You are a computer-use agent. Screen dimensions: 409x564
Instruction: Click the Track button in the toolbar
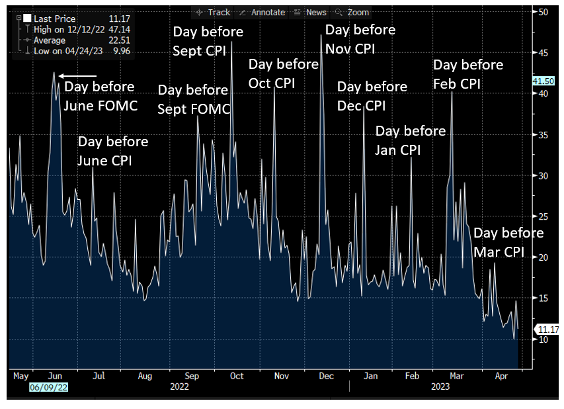(x=214, y=12)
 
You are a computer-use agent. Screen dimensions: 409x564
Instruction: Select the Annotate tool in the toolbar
(x=262, y=12)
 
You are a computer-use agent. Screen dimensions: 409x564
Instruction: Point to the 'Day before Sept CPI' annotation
(x=208, y=41)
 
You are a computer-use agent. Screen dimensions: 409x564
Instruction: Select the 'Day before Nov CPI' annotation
(x=360, y=39)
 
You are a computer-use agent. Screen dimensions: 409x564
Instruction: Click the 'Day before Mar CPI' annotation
(x=508, y=242)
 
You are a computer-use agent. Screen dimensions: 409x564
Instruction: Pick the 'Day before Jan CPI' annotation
(x=410, y=140)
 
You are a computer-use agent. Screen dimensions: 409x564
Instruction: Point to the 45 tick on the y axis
(x=543, y=53)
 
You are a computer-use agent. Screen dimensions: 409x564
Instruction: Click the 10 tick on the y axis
(x=543, y=340)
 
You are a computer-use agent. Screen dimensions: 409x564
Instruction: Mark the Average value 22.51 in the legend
(x=119, y=40)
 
